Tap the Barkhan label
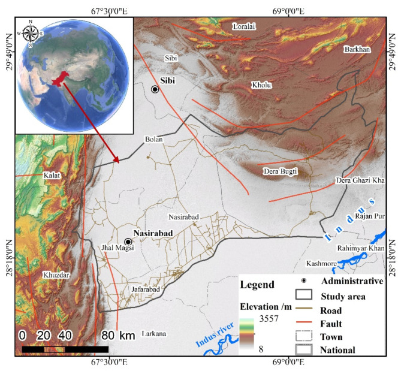pos(356,50)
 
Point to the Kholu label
pos(261,85)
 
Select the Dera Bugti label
pos(281,172)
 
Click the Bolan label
pos(154,139)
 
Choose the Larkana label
pos(155,333)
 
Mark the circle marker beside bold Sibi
pos(155,89)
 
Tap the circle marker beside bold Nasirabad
pos(128,242)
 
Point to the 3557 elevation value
pos(266,319)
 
